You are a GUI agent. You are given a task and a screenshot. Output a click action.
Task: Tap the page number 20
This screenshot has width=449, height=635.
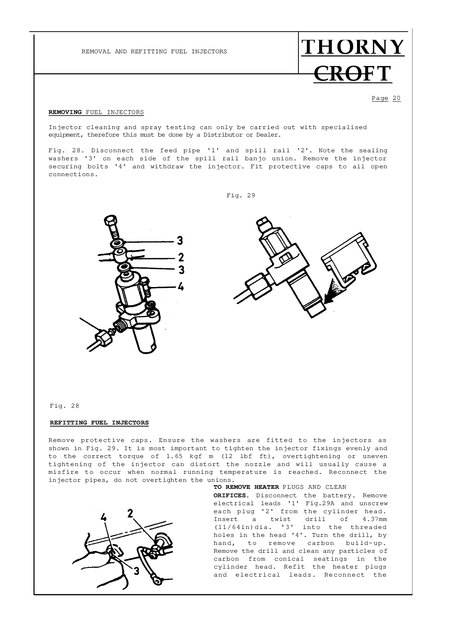click(396, 98)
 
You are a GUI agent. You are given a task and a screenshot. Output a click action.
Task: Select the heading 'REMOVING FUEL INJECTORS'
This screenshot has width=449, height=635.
click(96, 112)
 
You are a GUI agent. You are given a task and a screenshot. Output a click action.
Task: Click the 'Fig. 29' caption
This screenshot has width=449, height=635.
click(241, 195)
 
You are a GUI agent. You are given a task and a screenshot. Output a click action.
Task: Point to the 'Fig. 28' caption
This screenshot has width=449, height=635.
click(64, 406)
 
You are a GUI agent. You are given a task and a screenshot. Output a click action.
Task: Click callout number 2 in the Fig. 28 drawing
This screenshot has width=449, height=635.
click(180, 257)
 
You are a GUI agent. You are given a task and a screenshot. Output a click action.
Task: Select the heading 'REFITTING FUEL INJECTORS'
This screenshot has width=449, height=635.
click(99, 423)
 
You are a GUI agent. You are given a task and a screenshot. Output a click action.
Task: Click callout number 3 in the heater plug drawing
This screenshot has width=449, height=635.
click(136, 571)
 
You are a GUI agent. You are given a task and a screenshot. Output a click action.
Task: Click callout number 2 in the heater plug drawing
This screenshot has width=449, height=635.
click(130, 513)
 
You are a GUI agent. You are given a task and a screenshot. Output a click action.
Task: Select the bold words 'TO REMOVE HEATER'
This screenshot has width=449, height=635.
click(246, 487)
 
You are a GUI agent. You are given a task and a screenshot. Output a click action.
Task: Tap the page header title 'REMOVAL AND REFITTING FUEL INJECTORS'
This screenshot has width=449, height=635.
click(154, 52)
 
